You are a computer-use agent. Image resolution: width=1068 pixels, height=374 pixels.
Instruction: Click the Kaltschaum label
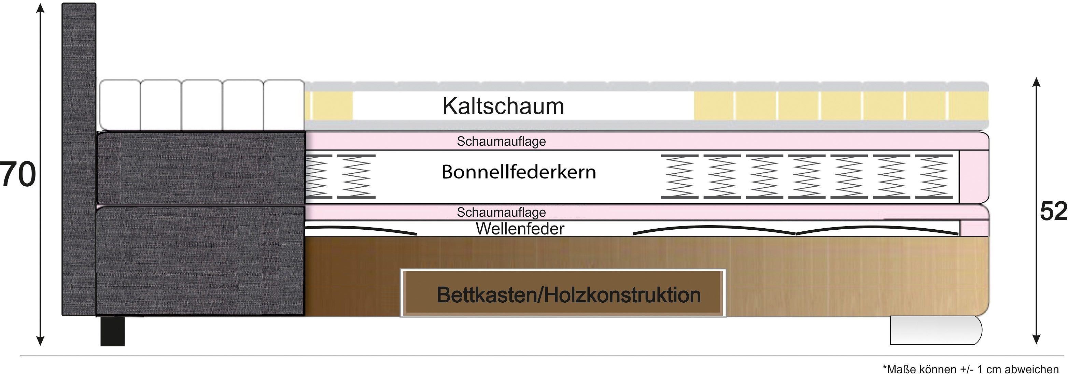(503, 106)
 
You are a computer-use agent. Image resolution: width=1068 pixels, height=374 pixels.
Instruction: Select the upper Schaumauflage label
(501, 141)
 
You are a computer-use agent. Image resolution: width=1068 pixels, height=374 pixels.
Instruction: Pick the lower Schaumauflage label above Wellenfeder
(501, 212)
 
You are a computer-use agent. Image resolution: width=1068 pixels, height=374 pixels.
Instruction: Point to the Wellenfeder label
(520, 229)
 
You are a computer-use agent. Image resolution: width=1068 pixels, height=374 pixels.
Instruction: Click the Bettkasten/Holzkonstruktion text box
(563, 293)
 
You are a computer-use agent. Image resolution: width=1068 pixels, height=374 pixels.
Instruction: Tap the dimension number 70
(18, 174)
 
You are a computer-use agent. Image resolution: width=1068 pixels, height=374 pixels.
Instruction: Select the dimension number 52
(1053, 212)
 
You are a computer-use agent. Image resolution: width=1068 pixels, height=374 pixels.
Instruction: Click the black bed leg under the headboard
(112, 331)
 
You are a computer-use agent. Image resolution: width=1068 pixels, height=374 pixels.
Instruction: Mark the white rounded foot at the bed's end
(935, 330)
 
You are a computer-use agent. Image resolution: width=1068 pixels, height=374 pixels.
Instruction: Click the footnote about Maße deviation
(970, 369)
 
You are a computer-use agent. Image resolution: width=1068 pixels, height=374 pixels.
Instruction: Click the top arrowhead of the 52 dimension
(1036, 82)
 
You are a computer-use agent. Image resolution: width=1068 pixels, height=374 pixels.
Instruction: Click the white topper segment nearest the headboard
(120, 105)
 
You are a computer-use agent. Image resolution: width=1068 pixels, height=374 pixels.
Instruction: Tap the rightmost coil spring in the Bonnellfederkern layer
(934, 176)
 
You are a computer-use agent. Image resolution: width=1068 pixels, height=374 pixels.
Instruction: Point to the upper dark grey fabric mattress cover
(201, 168)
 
